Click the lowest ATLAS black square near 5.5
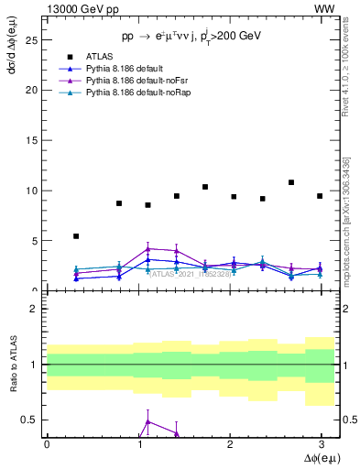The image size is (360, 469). (x=76, y=236)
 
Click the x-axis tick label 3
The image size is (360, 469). (x=321, y=444)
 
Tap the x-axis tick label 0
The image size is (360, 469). (x=47, y=444)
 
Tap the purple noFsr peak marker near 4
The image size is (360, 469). (x=147, y=248)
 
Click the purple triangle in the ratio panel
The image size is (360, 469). (x=147, y=421)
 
